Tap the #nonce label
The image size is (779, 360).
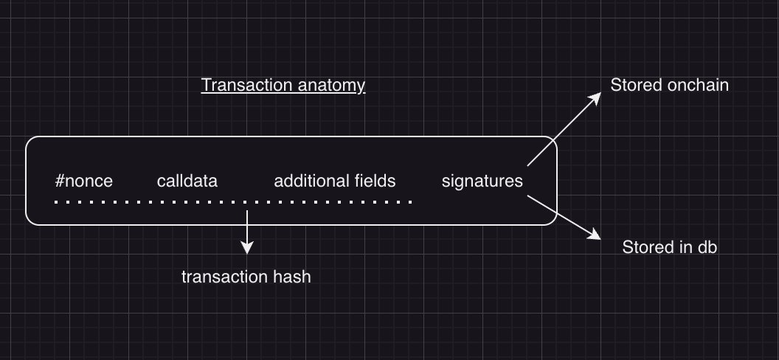pyautogui.click(x=84, y=181)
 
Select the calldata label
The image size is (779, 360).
pyautogui.click(x=187, y=181)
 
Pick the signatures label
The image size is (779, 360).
pyautogui.click(x=482, y=181)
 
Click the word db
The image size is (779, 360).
pyautogui.click(x=707, y=247)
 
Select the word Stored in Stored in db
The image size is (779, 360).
pyautogui.click(x=645, y=247)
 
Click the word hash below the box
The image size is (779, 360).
pyautogui.click(x=292, y=277)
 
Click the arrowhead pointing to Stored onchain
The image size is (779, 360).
pyautogui.click(x=598, y=99)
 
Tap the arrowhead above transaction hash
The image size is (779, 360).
pyautogui.click(x=247, y=249)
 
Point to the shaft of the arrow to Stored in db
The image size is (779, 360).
pyautogui.click(x=561, y=216)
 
